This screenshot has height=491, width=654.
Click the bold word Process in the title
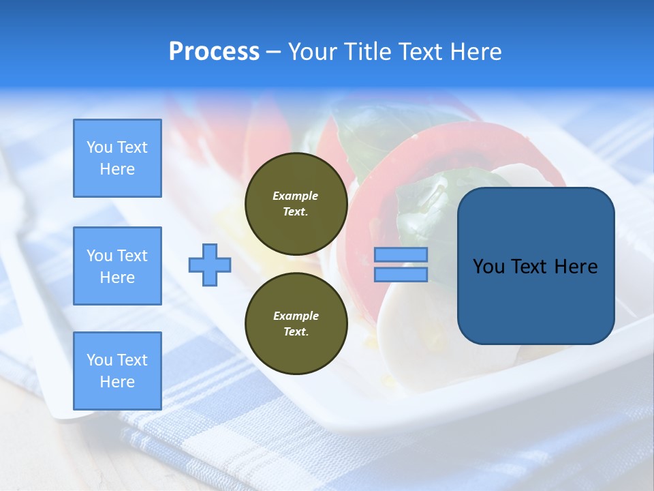[x=214, y=52]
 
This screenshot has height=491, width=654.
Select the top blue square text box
[x=117, y=158]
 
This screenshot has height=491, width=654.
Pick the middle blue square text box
[x=117, y=266]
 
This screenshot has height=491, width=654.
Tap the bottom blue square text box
[x=117, y=370]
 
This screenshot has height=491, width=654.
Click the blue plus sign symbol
[x=210, y=265]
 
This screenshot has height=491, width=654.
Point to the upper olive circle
[x=296, y=203]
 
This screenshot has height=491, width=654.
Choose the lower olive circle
[x=296, y=323]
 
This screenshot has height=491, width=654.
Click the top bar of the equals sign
[x=401, y=255]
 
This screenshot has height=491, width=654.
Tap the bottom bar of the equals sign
[x=401, y=275]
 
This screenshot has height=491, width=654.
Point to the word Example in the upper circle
[x=296, y=196]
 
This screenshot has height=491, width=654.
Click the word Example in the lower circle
[x=296, y=316]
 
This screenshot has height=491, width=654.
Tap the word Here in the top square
[x=117, y=169]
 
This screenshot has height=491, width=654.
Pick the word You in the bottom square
[x=98, y=360]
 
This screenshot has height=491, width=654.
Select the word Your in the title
[x=314, y=52]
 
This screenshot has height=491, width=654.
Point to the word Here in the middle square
[x=117, y=278]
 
